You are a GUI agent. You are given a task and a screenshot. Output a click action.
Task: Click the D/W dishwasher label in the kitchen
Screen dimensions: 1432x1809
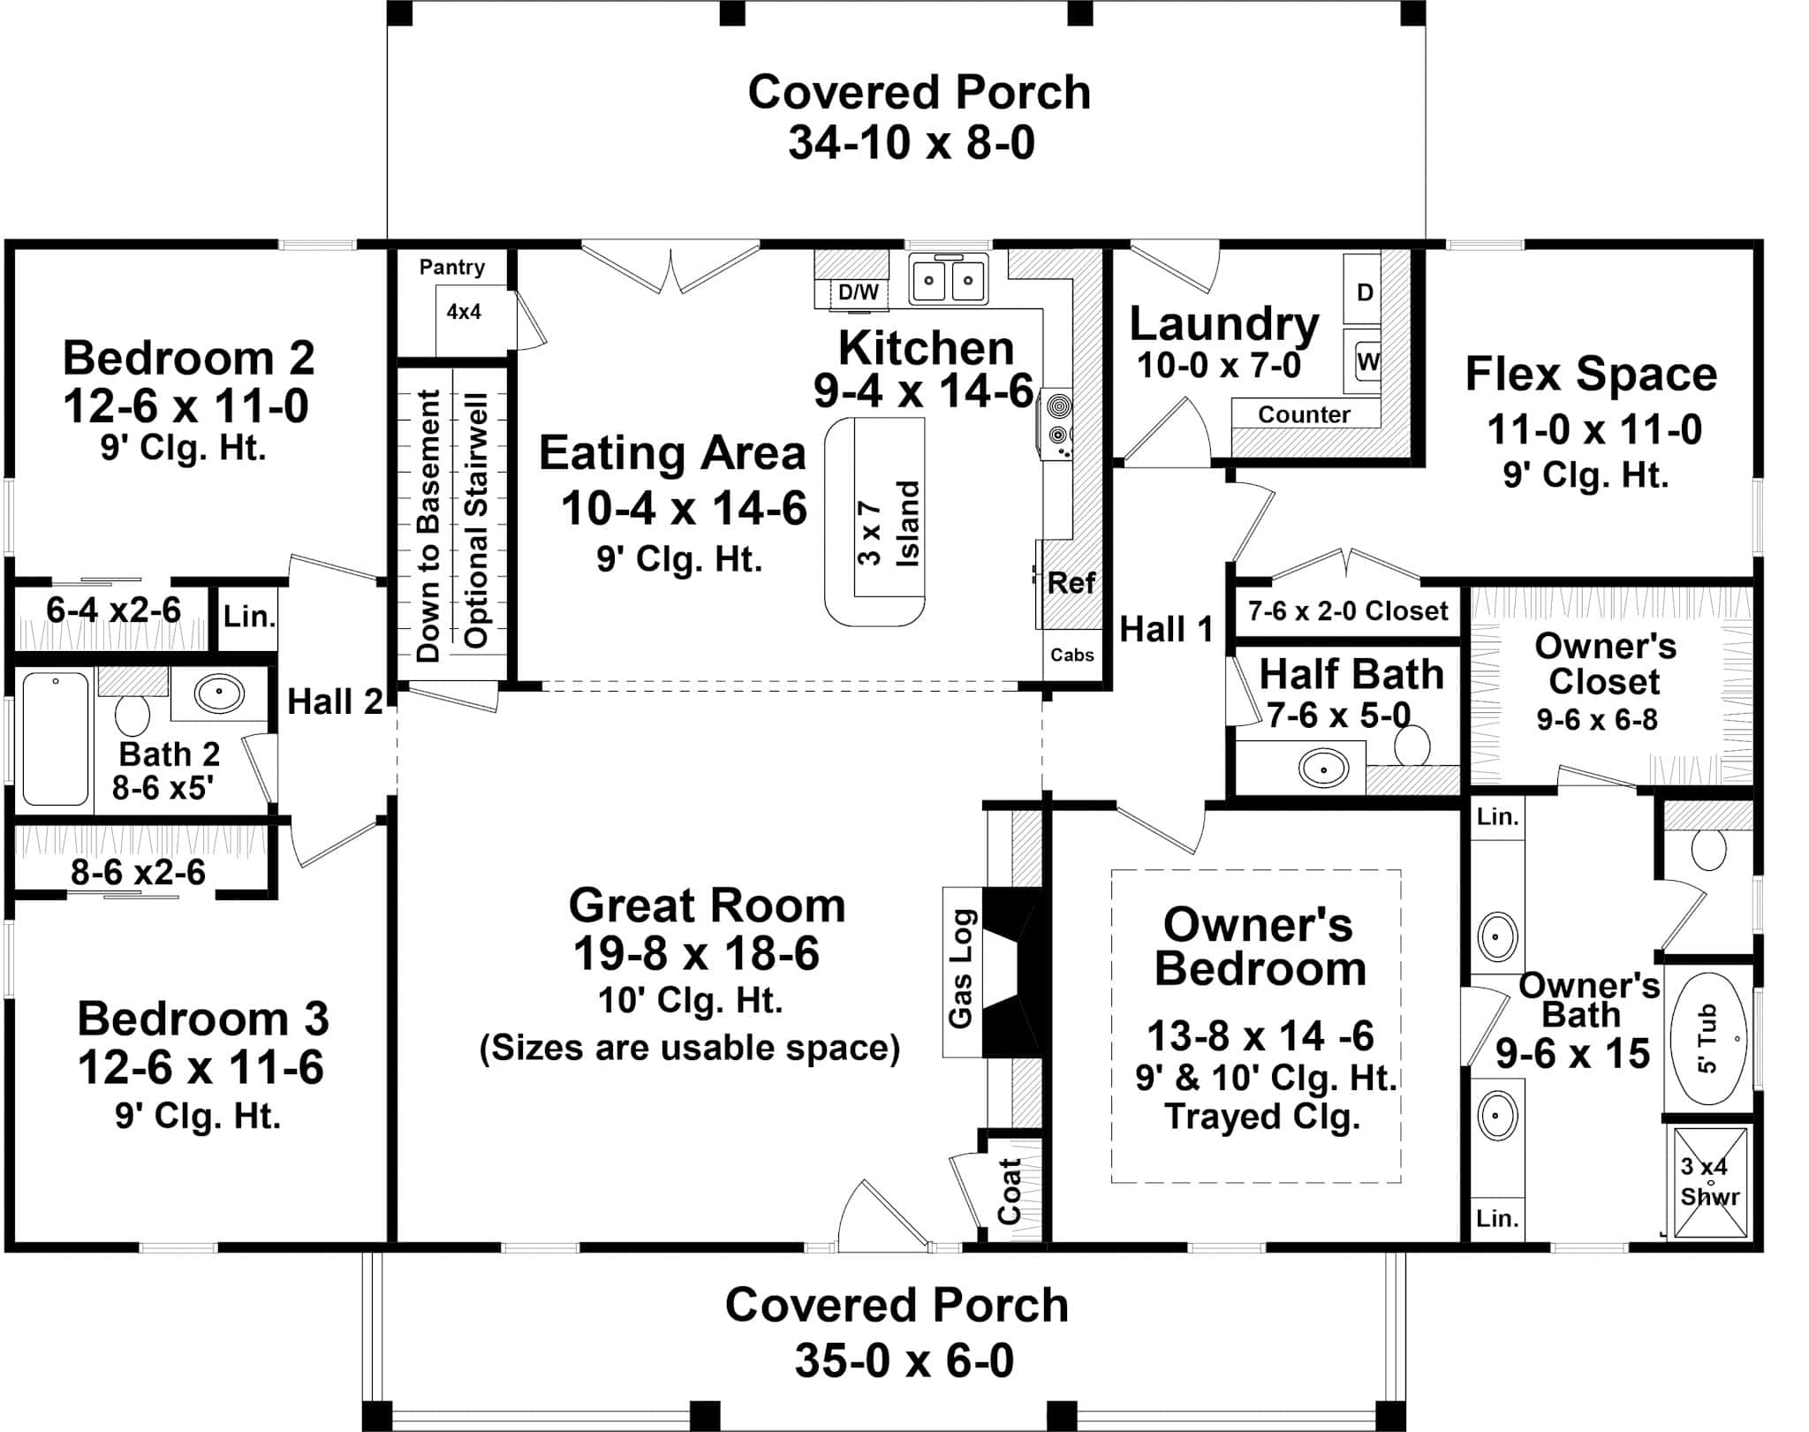(858, 292)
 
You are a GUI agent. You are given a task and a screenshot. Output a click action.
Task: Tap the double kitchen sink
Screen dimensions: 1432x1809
(948, 280)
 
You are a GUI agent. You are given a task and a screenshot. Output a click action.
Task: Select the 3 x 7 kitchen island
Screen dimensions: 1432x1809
(874, 521)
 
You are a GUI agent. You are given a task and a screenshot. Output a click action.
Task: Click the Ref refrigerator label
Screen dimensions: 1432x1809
(1071, 583)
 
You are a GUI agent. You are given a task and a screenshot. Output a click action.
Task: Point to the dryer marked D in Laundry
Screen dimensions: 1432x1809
(1365, 292)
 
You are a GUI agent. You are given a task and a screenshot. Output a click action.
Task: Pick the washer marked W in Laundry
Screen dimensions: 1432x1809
(1367, 360)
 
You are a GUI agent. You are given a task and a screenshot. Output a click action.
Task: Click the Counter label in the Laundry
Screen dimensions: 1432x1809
(1304, 414)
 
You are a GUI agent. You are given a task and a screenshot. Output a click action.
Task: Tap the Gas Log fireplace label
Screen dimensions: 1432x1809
(961, 968)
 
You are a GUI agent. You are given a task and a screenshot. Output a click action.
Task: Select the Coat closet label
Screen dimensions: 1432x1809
(1010, 1191)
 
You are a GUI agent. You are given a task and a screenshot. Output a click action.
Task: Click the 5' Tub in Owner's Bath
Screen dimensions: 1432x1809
(1708, 1039)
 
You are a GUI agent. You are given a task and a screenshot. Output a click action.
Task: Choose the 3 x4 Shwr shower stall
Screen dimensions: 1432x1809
(1710, 1182)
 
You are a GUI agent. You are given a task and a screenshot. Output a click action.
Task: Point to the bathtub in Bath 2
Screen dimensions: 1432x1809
(55, 739)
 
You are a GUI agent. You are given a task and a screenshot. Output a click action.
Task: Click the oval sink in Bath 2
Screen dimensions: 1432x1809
(219, 693)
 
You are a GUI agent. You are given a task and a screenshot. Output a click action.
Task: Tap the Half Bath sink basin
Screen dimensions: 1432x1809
(1322, 768)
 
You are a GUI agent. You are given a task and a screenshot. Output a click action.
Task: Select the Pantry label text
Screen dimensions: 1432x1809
(451, 267)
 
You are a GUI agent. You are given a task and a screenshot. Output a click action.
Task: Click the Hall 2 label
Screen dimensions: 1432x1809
(335, 702)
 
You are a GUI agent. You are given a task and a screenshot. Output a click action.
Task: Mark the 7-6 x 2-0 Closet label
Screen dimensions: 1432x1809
(1347, 610)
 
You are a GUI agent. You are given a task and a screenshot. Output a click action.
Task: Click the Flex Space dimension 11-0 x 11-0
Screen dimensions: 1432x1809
(1593, 430)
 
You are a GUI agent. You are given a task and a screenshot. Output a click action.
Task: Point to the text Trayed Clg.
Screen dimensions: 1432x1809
(1261, 1116)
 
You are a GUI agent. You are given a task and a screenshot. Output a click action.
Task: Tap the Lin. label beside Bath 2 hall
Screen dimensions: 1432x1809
(249, 616)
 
